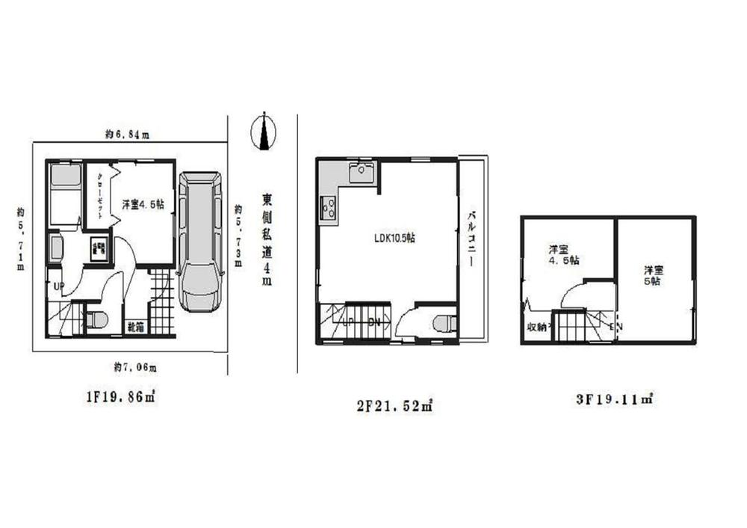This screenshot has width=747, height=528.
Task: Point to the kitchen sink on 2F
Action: (x=362, y=172)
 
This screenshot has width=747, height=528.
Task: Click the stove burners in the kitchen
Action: (x=327, y=206)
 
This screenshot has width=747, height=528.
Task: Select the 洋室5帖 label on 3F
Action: (x=651, y=276)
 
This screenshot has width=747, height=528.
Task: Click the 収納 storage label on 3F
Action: (x=537, y=327)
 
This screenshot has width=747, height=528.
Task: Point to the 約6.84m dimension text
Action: (x=127, y=135)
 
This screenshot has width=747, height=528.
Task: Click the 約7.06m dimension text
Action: (x=135, y=366)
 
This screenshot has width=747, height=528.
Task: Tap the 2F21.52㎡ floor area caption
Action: (x=394, y=406)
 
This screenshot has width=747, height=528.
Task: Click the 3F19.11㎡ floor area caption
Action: (x=615, y=399)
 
